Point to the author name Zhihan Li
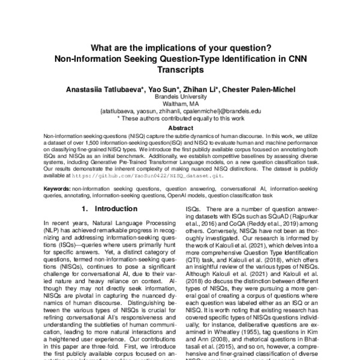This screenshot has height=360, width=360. coord(200,89)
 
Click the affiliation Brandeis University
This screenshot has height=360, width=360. coord(180,97)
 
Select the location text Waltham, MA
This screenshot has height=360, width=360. coord(180,104)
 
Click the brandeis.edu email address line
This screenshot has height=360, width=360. coord(180,111)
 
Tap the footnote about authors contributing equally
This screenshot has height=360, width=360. coord(180,118)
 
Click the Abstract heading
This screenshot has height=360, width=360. coord(180,128)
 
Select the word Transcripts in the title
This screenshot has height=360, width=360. coord(180,70)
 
